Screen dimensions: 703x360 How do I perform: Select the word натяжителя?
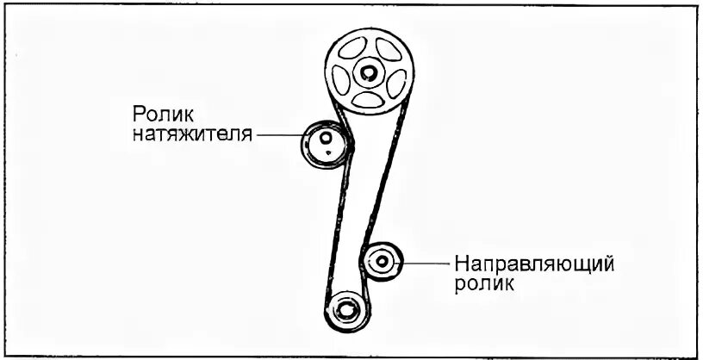(x=194, y=135)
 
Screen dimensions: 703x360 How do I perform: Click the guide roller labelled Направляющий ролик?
(x=381, y=261)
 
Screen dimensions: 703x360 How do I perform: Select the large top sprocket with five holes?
(x=370, y=72)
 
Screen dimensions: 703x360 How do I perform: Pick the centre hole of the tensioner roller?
(x=325, y=138)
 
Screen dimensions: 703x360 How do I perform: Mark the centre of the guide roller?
(x=381, y=259)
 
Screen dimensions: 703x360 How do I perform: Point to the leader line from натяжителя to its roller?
(x=280, y=136)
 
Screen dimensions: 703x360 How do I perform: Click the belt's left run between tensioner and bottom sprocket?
(x=333, y=233)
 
